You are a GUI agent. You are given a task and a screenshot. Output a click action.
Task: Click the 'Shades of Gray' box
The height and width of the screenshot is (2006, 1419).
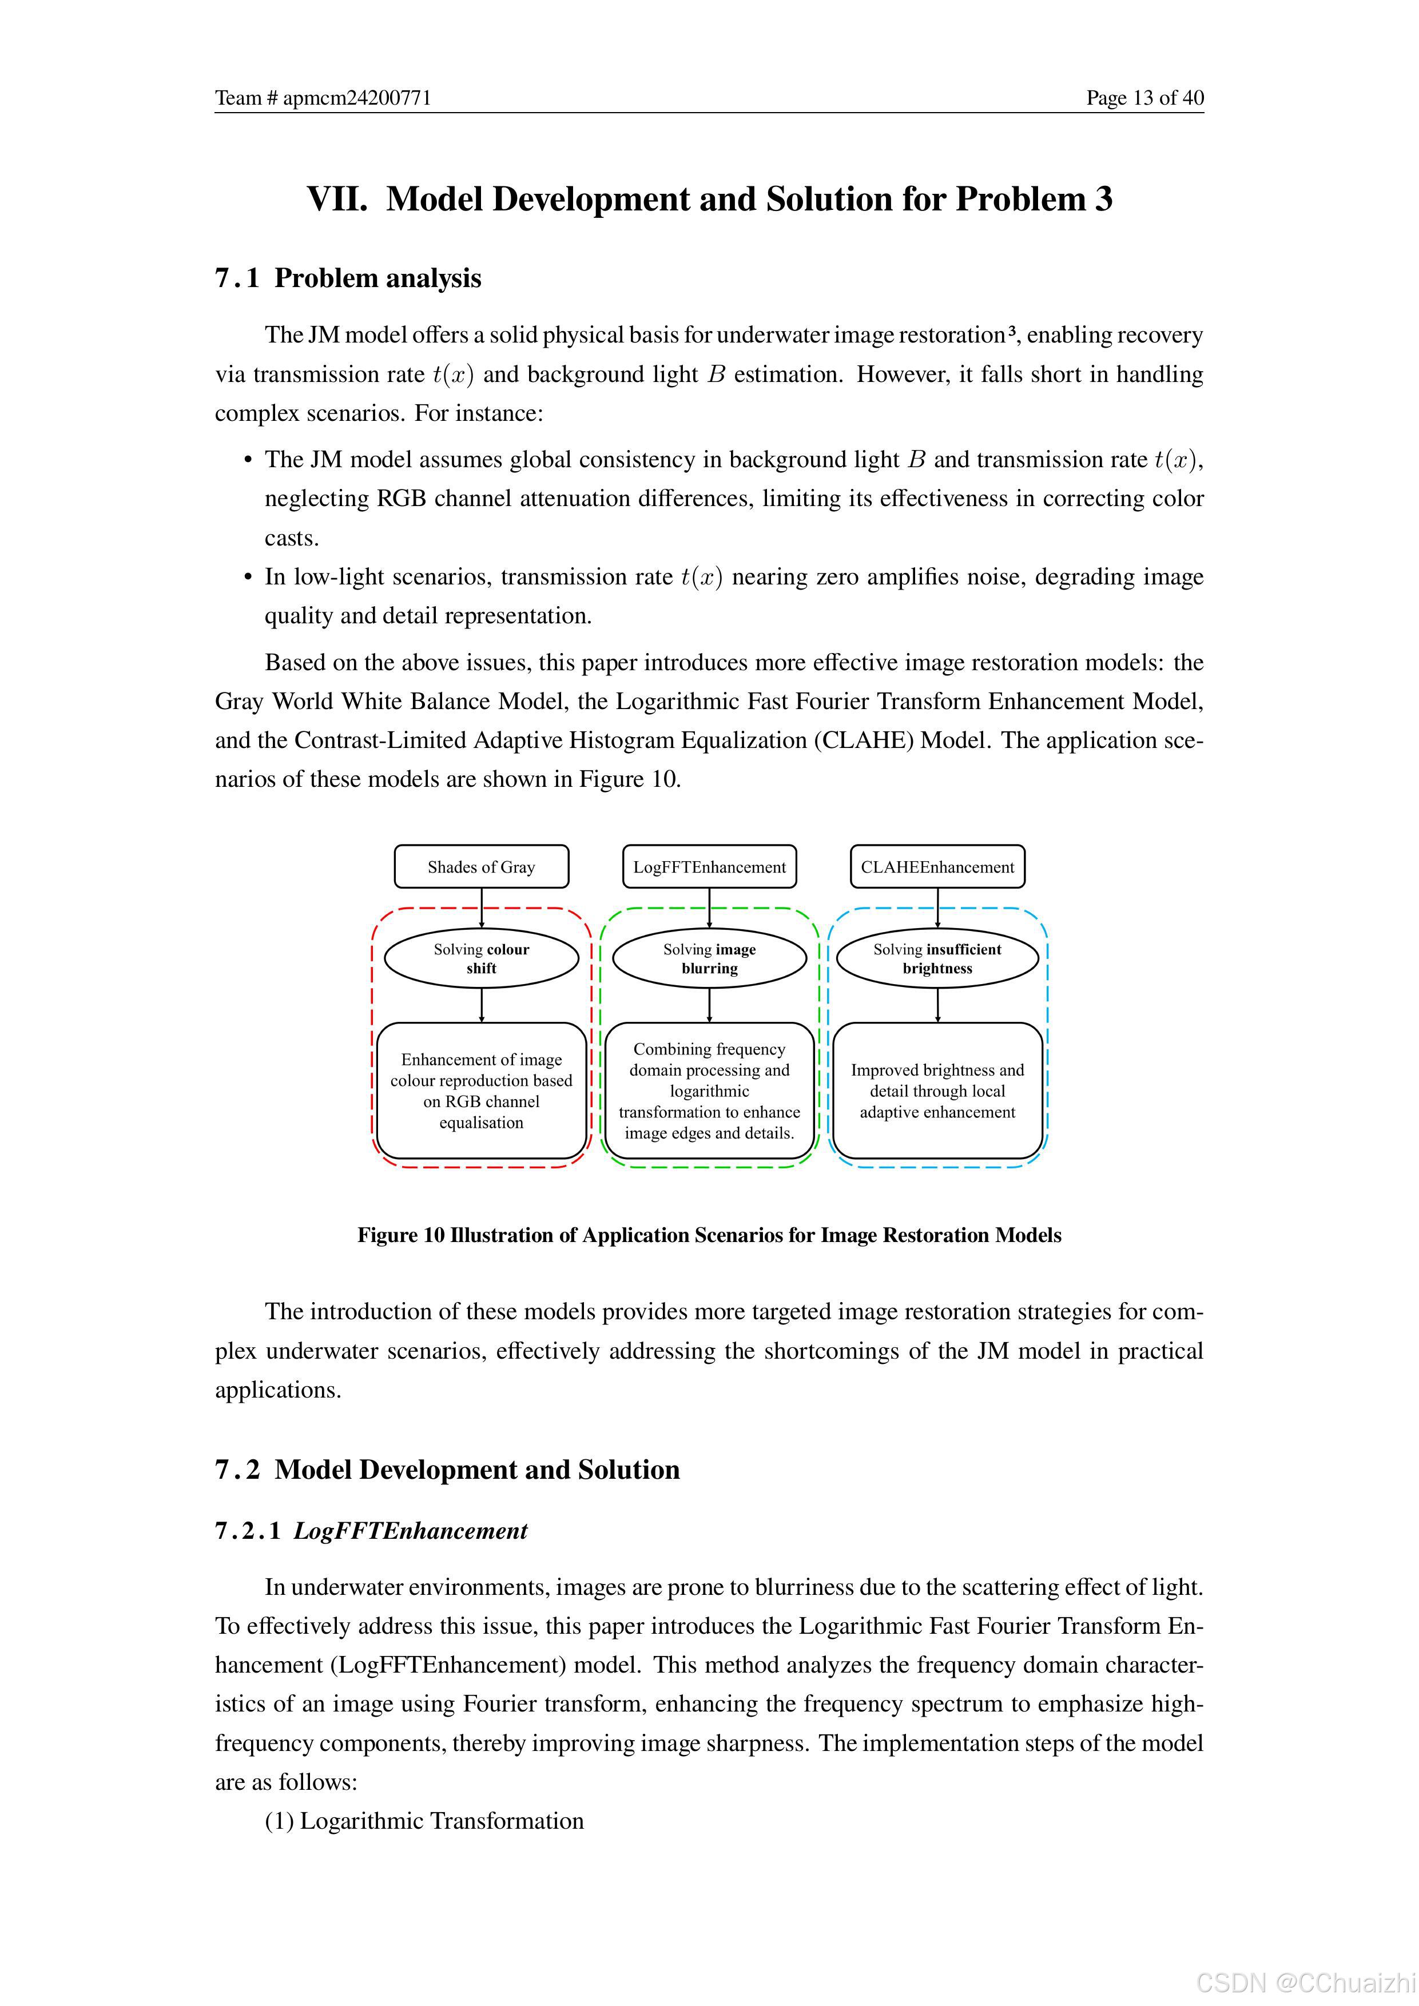482,867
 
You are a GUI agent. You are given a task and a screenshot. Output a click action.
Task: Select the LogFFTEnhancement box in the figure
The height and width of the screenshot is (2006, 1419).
709,867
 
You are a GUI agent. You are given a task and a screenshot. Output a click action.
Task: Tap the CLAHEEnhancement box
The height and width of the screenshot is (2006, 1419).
937,867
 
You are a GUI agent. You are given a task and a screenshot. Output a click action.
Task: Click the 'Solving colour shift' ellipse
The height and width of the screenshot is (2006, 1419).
482,958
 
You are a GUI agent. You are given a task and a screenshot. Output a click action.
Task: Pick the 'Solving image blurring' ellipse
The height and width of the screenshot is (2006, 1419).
709,958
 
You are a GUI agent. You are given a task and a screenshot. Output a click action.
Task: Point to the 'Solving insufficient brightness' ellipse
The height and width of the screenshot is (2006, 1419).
937,958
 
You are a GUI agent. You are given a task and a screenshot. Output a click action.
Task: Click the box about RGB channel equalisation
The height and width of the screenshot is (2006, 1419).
482,1090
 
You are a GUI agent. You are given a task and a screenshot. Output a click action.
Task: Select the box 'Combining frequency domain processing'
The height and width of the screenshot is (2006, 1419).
709,1090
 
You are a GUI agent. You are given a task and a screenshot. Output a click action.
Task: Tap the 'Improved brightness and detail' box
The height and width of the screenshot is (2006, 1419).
937,1090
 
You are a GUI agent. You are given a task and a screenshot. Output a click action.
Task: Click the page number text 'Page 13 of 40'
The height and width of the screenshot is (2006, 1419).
1144,98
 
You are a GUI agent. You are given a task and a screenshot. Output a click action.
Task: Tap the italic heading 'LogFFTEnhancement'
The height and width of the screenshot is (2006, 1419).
411,1531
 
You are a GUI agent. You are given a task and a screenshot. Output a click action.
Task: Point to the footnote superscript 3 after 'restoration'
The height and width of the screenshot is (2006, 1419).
1011,331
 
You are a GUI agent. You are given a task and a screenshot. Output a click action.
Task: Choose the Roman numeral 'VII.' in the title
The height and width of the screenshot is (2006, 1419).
337,199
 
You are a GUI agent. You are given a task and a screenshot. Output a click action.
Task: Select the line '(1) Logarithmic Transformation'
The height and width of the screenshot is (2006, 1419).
424,1821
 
